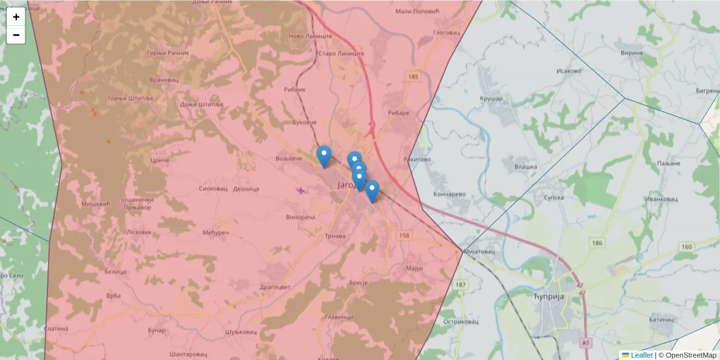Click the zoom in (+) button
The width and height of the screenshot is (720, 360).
16,17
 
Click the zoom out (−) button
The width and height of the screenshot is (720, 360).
16,35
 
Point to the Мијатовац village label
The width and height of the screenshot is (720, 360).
479,251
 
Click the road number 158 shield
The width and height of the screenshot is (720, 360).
404,236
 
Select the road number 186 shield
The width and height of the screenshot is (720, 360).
596,242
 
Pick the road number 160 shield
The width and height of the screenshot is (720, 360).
686,247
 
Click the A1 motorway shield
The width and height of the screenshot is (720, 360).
585,342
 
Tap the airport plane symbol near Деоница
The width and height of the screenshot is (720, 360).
301,191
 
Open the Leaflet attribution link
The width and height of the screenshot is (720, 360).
641,355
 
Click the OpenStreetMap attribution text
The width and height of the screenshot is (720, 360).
691,355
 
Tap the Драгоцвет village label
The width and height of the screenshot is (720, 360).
275,287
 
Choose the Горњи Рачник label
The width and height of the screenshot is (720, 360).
167,53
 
